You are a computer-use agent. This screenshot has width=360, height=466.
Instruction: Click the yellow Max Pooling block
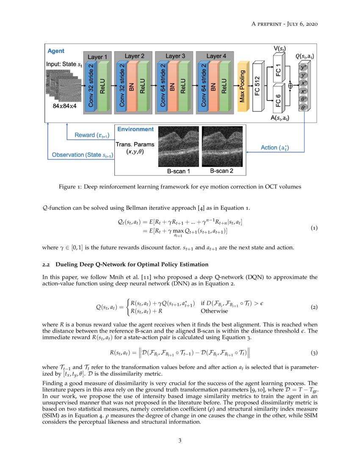click(x=243, y=86)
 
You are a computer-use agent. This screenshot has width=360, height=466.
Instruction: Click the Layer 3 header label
click(x=175, y=56)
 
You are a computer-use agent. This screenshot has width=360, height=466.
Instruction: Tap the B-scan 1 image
click(x=178, y=147)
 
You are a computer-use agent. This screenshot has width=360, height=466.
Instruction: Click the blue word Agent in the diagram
click(x=56, y=51)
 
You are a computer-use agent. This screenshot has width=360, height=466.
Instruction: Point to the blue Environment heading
click(x=136, y=129)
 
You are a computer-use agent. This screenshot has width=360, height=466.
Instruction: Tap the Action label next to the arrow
click(x=275, y=147)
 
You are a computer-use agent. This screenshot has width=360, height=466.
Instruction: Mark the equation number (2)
click(x=314, y=307)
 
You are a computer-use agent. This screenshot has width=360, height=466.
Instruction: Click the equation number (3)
click(x=314, y=352)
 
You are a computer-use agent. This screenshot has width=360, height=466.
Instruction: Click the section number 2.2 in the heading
click(x=46, y=264)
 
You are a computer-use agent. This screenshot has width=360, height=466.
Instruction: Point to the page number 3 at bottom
click(x=180, y=441)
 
